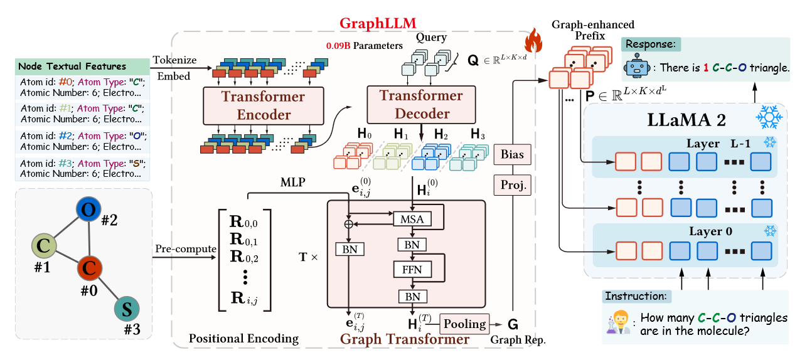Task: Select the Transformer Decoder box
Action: point(420,104)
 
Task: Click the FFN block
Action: point(412,270)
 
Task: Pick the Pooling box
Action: point(465,324)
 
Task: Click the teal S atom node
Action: point(126,309)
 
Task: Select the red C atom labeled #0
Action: point(90,269)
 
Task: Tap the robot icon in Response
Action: point(635,68)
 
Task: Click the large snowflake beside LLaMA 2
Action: point(766,117)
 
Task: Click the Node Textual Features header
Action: point(72,66)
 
